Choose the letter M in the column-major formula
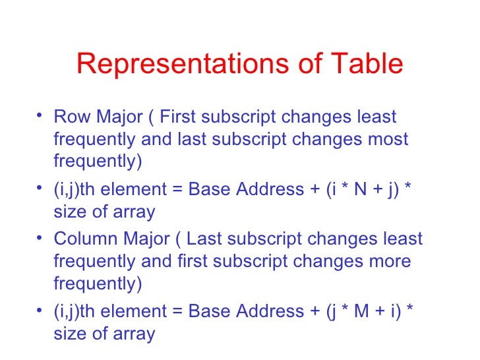click(x=350, y=310)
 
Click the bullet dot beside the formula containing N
click(x=42, y=189)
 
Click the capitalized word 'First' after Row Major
click(x=181, y=117)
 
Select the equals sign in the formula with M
click(x=179, y=311)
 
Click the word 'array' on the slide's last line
click(x=133, y=334)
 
